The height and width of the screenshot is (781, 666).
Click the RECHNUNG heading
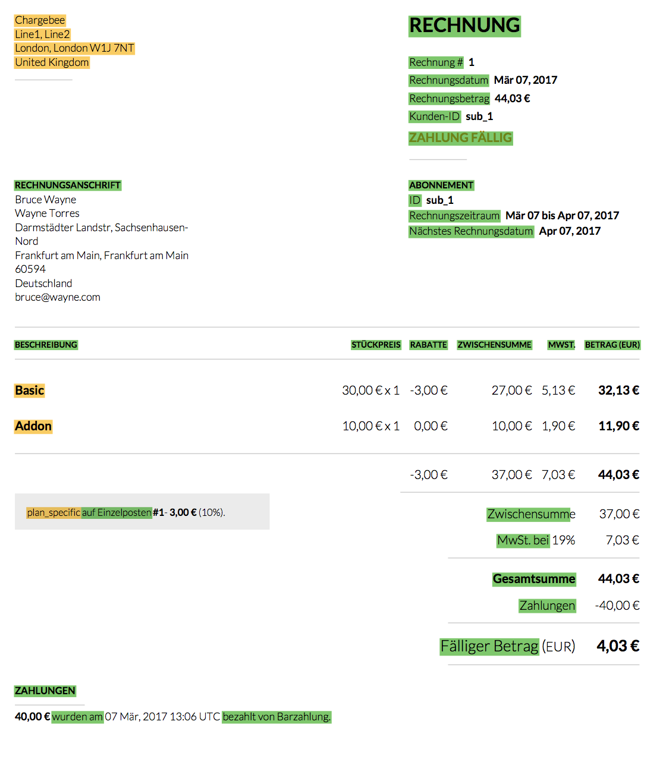[464, 26]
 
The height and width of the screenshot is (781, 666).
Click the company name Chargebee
[40, 20]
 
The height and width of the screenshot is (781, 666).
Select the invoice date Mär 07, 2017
[525, 80]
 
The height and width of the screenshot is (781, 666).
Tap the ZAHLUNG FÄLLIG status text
[460, 138]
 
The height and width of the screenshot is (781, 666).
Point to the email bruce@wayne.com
[58, 297]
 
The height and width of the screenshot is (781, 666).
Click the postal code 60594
[30, 269]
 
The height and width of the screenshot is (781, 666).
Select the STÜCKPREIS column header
[376, 345]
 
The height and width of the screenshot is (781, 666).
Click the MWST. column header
[561, 345]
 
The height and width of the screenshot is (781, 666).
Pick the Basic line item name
[30, 390]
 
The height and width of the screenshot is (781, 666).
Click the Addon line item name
[33, 426]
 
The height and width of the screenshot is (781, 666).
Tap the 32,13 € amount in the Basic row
[618, 390]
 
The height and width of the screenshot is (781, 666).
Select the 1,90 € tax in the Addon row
[558, 426]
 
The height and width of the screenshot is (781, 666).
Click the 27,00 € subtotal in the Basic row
[511, 390]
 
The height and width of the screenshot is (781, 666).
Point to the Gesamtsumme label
[534, 579]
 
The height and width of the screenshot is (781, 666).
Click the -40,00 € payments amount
[617, 606]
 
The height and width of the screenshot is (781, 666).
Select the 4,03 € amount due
[618, 646]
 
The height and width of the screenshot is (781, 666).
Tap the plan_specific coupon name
[54, 512]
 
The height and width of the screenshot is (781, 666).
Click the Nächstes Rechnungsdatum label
[471, 231]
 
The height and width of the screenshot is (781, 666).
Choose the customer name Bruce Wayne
[46, 200]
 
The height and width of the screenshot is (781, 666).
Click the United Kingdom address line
[52, 62]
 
